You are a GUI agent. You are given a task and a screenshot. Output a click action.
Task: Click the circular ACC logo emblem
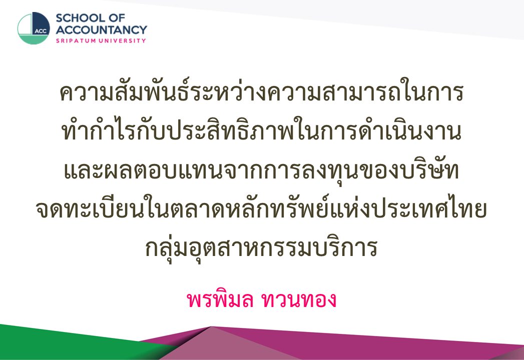click(34, 28)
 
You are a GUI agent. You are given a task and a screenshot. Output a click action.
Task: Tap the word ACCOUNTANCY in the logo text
click(101, 29)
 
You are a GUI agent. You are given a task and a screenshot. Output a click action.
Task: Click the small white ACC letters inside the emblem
click(41, 31)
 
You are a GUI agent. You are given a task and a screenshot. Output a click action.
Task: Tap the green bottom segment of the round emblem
click(34, 39)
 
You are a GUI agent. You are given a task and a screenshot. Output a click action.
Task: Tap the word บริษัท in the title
click(428, 170)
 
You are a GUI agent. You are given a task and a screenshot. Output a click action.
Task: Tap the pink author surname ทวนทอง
click(299, 300)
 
